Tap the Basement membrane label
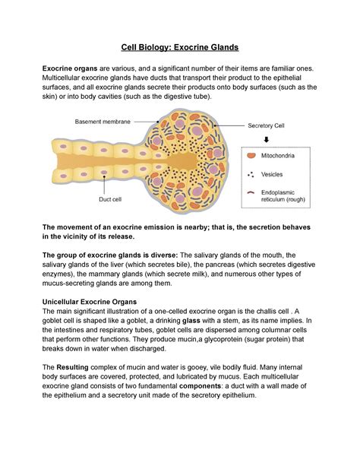click(x=101, y=122)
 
